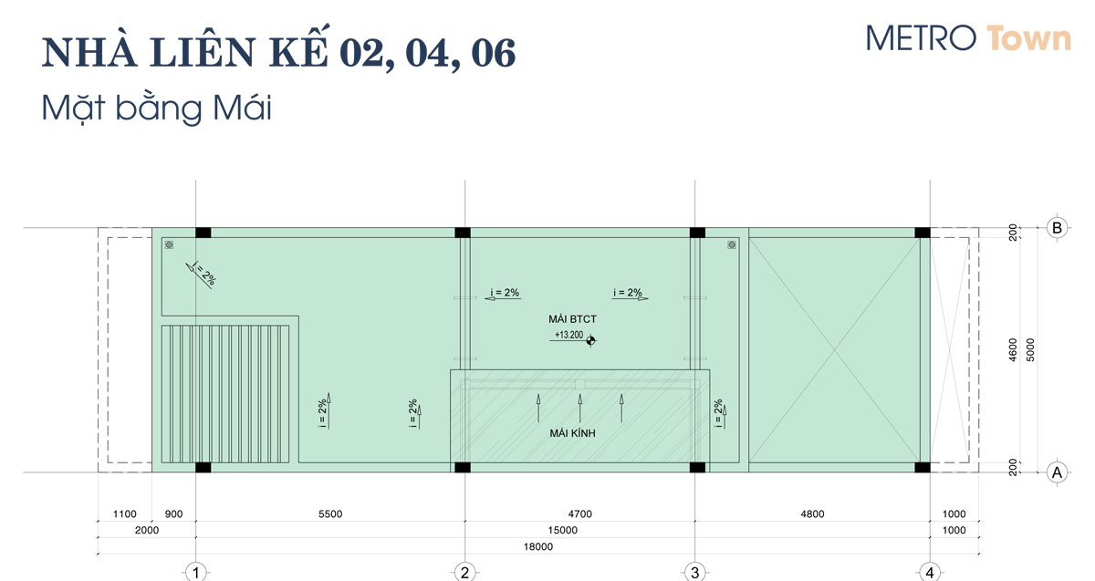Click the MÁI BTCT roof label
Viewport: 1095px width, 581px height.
(572, 319)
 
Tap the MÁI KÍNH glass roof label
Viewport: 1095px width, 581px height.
(572, 433)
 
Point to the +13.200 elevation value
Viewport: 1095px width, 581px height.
(568, 335)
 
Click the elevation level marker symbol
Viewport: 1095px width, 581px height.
(590, 340)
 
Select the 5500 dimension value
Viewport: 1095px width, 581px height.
(330, 514)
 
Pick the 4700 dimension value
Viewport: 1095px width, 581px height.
(579, 514)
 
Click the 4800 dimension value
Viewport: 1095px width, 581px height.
(812, 514)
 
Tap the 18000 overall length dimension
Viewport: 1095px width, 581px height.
(538, 546)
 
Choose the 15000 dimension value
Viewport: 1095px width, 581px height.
(563, 530)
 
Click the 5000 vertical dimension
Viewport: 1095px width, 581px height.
(1030, 350)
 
